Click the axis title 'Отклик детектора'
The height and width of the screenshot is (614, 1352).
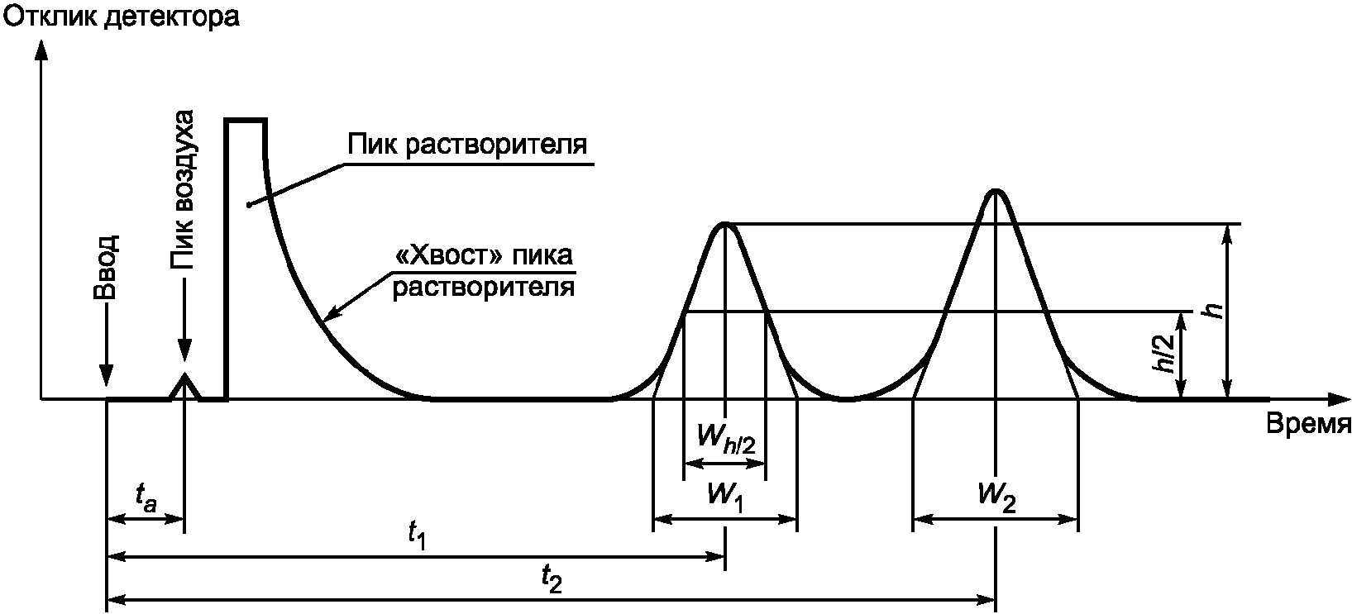coord(122,17)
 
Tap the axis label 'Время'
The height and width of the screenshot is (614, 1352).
coord(1308,424)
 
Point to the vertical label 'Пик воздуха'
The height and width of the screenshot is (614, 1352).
coord(183,189)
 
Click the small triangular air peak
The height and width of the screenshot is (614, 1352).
coord(184,386)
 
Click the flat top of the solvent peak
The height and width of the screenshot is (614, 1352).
coord(246,121)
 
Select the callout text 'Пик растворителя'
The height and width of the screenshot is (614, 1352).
coord(466,145)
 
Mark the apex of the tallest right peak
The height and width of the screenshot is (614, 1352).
coord(996,191)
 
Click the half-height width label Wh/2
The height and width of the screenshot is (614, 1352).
coord(725,439)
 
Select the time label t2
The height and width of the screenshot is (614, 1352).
coord(552,579)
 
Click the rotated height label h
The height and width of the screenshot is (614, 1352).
coord(1213,311)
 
